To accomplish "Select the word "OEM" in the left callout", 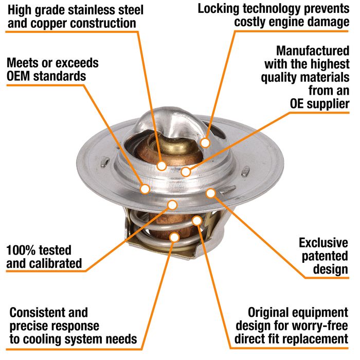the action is (x=19, y=76).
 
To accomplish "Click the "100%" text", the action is (x=20, y=250).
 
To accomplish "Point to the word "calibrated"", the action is (x=56, y=263).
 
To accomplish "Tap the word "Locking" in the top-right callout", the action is (x=219, y=9).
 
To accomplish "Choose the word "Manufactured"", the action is (x=313, y=51).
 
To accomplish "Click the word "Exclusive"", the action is (x=323, y=243).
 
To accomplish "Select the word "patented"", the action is (x=325, y=256).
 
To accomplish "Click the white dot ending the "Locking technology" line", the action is (x=205, y=143).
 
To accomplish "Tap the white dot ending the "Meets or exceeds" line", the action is (x=145, y=189).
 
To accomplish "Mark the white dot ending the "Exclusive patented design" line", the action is (x=210, y=193).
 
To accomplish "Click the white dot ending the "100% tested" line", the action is (x=172, y=205).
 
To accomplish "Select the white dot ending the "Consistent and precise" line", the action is (x=175, y=238).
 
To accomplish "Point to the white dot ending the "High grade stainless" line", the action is (x=161, y=166).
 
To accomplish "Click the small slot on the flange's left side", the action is (x=105, y=161).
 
